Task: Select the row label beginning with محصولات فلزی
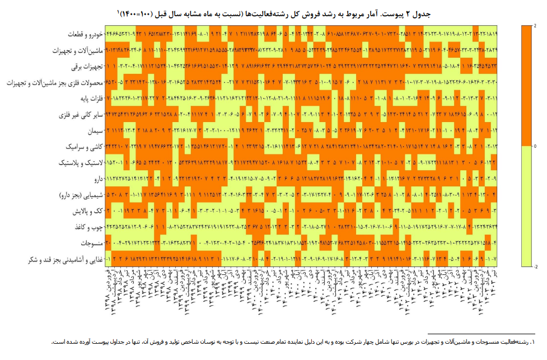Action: point(55,83)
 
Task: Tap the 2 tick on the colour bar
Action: point(535,26)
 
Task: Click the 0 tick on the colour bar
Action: point(535,146)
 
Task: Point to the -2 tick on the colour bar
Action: point(535,267)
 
